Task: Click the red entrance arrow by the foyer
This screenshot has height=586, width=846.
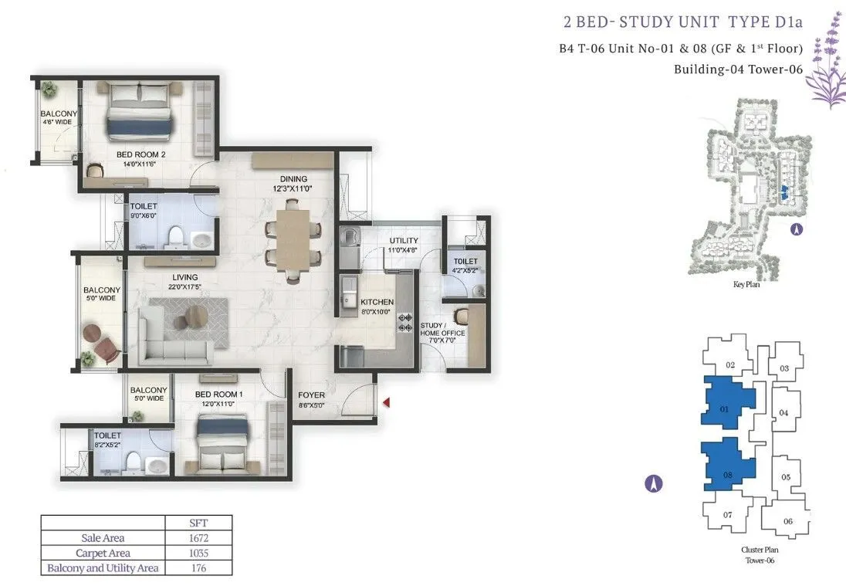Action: [386, 402]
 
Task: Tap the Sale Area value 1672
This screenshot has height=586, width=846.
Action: [198, 538]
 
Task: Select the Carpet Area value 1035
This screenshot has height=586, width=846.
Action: [198, 553]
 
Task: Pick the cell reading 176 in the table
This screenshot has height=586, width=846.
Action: [198, 568]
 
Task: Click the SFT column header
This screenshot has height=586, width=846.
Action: [198, 523]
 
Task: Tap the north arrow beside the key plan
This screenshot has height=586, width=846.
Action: [797, 229]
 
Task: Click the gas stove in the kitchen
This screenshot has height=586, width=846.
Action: [404, 323]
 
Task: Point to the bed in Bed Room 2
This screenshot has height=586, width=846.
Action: [140, 111]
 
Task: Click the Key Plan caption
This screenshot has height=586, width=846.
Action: [746, 284]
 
